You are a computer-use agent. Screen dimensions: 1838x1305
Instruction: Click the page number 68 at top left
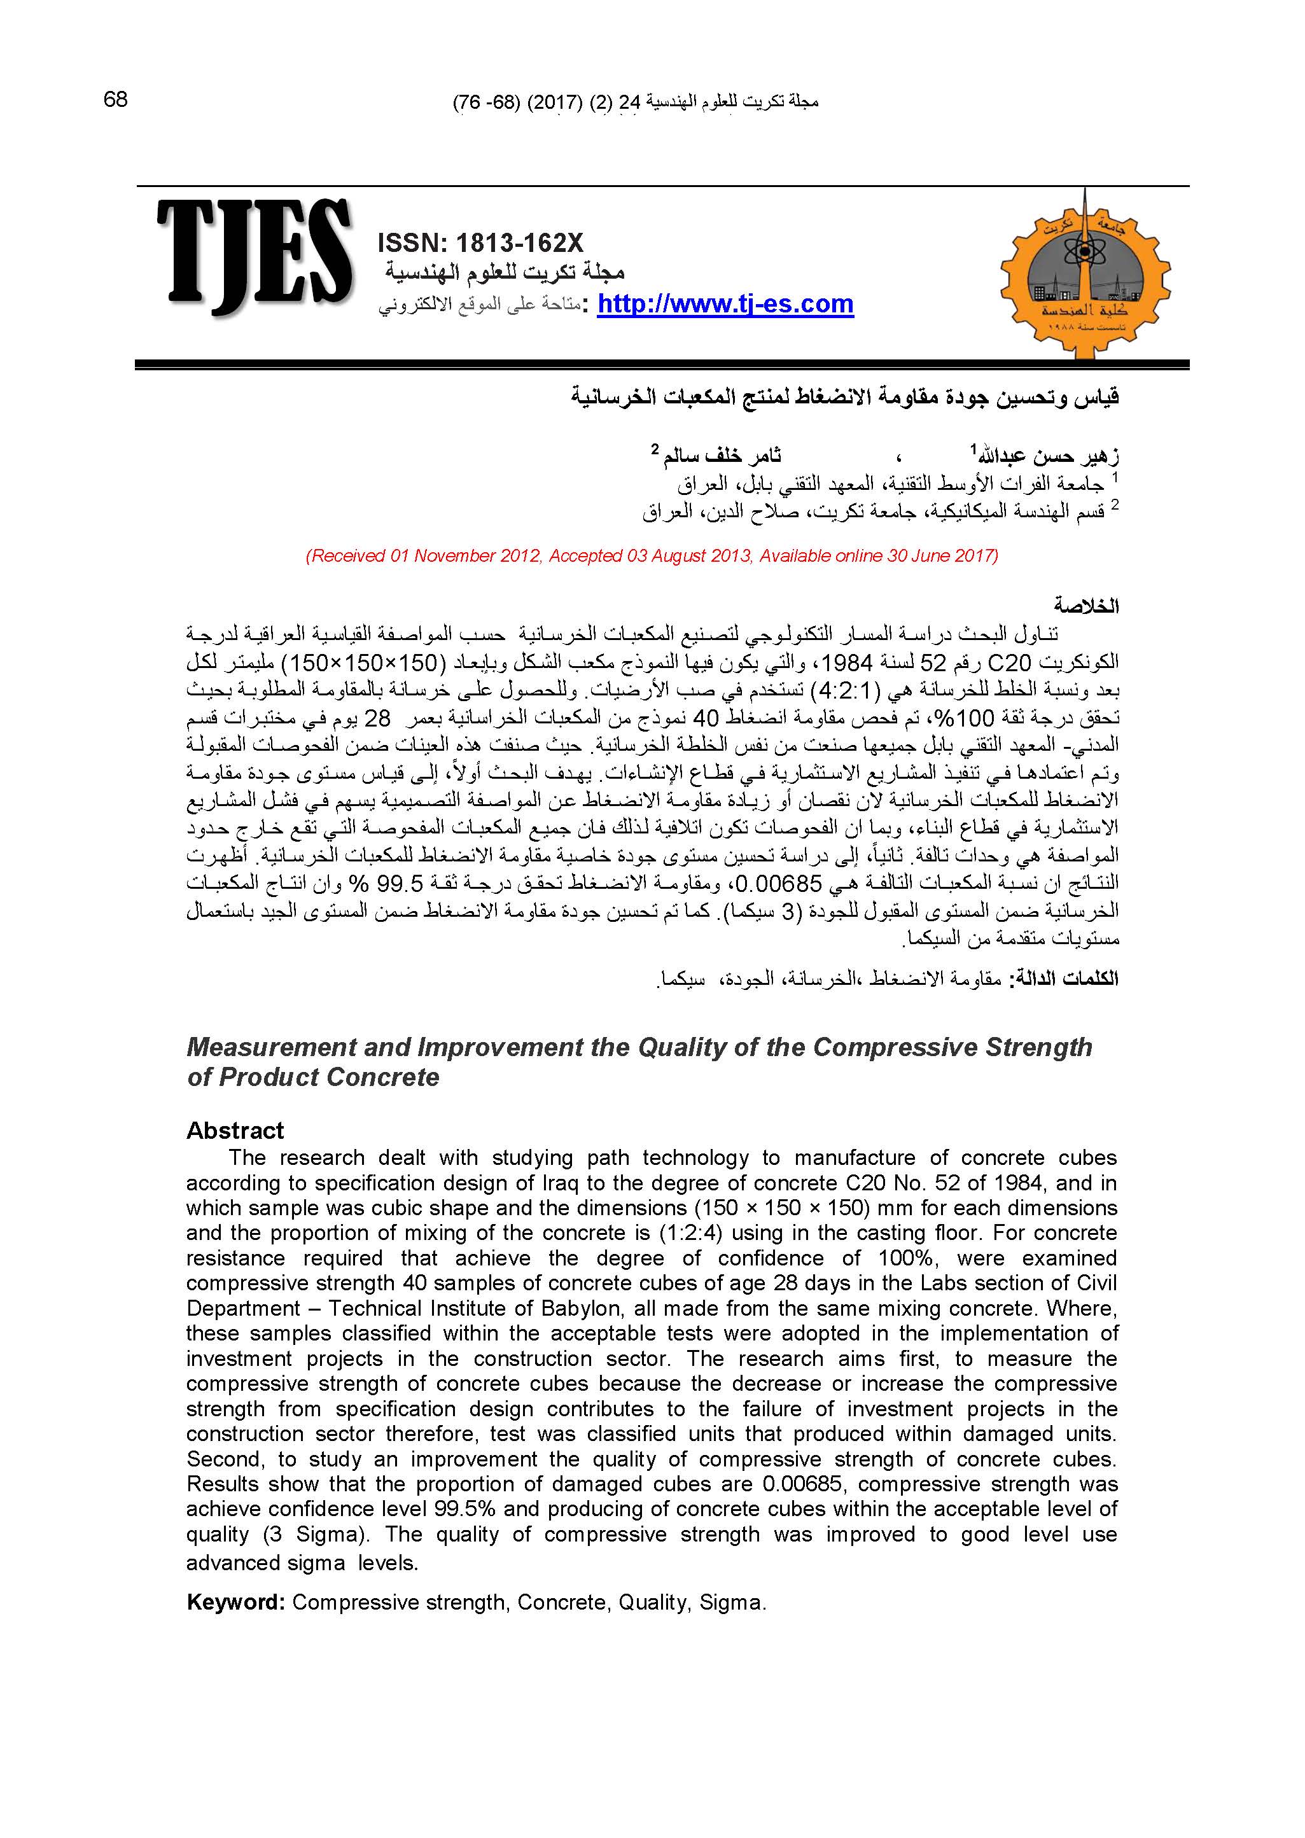click(x=116, y=100)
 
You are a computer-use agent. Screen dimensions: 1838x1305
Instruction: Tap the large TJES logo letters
click(x=254, y=258)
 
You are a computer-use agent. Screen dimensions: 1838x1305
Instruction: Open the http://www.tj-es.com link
click(x=725, y=305)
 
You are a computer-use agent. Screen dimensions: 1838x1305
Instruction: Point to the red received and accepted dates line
click(x=652, y=555)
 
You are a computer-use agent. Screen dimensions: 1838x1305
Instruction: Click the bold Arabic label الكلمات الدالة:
click(x=1066, y=979)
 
